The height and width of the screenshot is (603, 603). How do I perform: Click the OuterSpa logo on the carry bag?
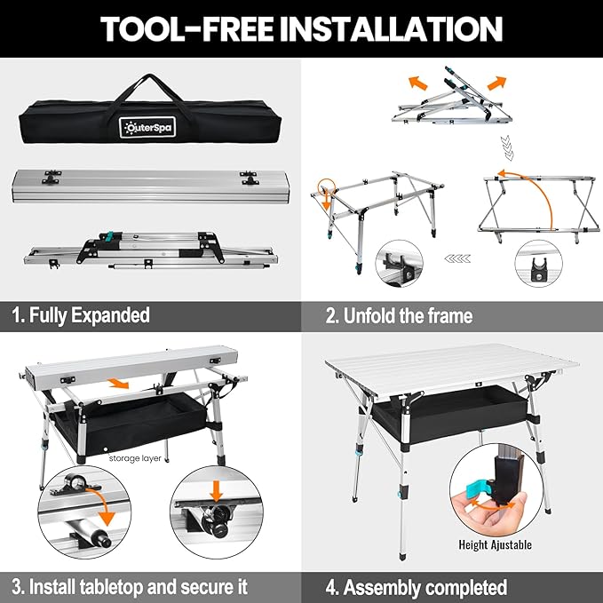[x=147, y=127]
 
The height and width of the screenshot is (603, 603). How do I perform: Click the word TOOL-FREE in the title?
[x=186, y=28]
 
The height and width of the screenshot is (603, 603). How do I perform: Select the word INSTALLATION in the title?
[x=392, y=28]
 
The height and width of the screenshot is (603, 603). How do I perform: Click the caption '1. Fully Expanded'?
[x=81, y=315]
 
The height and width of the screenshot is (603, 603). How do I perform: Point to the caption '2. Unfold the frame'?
[x=399, y=316]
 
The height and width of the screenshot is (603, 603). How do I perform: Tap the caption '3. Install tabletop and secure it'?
[x=130, y=587]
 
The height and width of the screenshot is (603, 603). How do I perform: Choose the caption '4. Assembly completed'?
[x=417, y=588]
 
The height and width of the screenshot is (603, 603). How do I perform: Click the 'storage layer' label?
[x=135, y=458]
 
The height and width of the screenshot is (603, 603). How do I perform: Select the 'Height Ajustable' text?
[x=495, y=544]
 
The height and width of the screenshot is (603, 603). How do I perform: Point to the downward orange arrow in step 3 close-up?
[x=217, y=490]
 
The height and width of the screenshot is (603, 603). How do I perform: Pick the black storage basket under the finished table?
[x=450, y=414]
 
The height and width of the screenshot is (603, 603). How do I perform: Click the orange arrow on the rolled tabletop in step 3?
[x=118, y=383]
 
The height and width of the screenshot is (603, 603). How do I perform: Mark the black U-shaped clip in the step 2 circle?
[x=538, y=269]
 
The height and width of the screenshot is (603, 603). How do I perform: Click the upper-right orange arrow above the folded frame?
[x=496, y=83]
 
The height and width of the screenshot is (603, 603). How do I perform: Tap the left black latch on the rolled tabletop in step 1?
[x=52, y=177]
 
